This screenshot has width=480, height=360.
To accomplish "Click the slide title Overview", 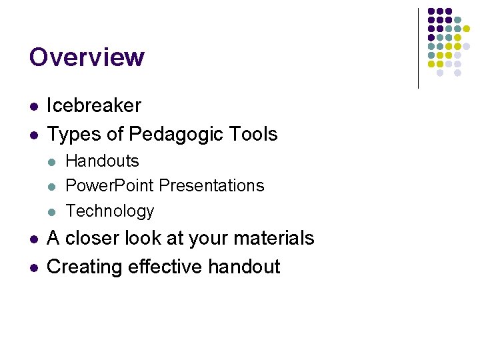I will point(87,57).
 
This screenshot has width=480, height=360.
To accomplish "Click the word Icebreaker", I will point(94,105).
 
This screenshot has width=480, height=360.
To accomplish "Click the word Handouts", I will point(103,161).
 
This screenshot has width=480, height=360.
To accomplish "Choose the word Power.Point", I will point(110,185).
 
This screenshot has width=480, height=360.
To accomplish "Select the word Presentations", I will point(212,185).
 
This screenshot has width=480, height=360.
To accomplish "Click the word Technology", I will point(110,211).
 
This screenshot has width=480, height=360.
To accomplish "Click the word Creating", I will point(85,267).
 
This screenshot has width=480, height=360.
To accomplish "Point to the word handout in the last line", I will point(244,267).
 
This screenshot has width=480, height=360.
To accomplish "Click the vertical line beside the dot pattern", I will point(418,48).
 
